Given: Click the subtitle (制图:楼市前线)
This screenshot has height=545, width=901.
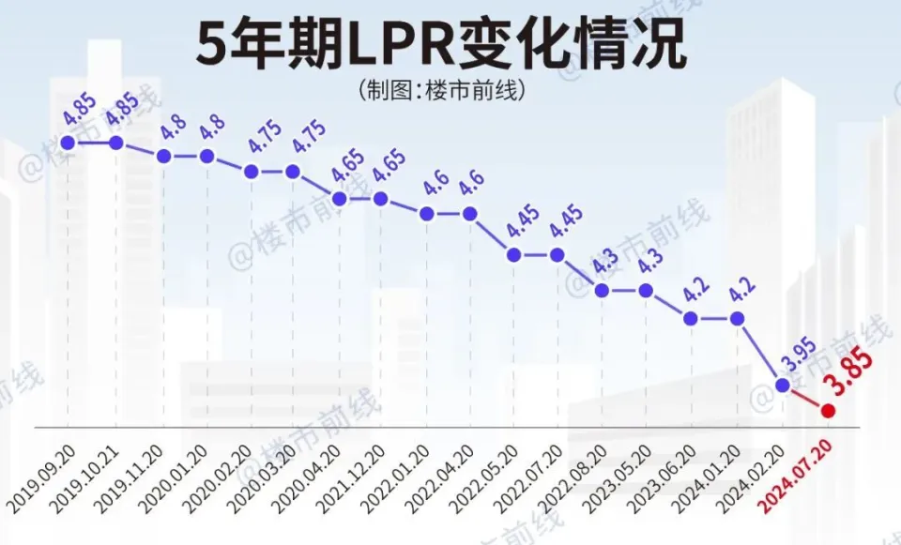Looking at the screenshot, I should click(440, 91).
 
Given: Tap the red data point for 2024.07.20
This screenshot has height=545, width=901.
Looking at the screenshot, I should click(828, 410).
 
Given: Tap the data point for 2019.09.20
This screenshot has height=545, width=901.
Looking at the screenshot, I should click(67, 143).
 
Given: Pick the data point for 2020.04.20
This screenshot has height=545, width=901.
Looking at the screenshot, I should click(339, 199).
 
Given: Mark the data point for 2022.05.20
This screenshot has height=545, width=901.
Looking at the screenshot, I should click(513, 254).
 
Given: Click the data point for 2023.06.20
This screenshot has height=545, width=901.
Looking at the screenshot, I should click(691, 319).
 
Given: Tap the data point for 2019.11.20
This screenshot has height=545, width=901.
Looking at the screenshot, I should click(164, 156).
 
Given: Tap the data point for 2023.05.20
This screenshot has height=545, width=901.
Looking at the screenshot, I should click(646, 290).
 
